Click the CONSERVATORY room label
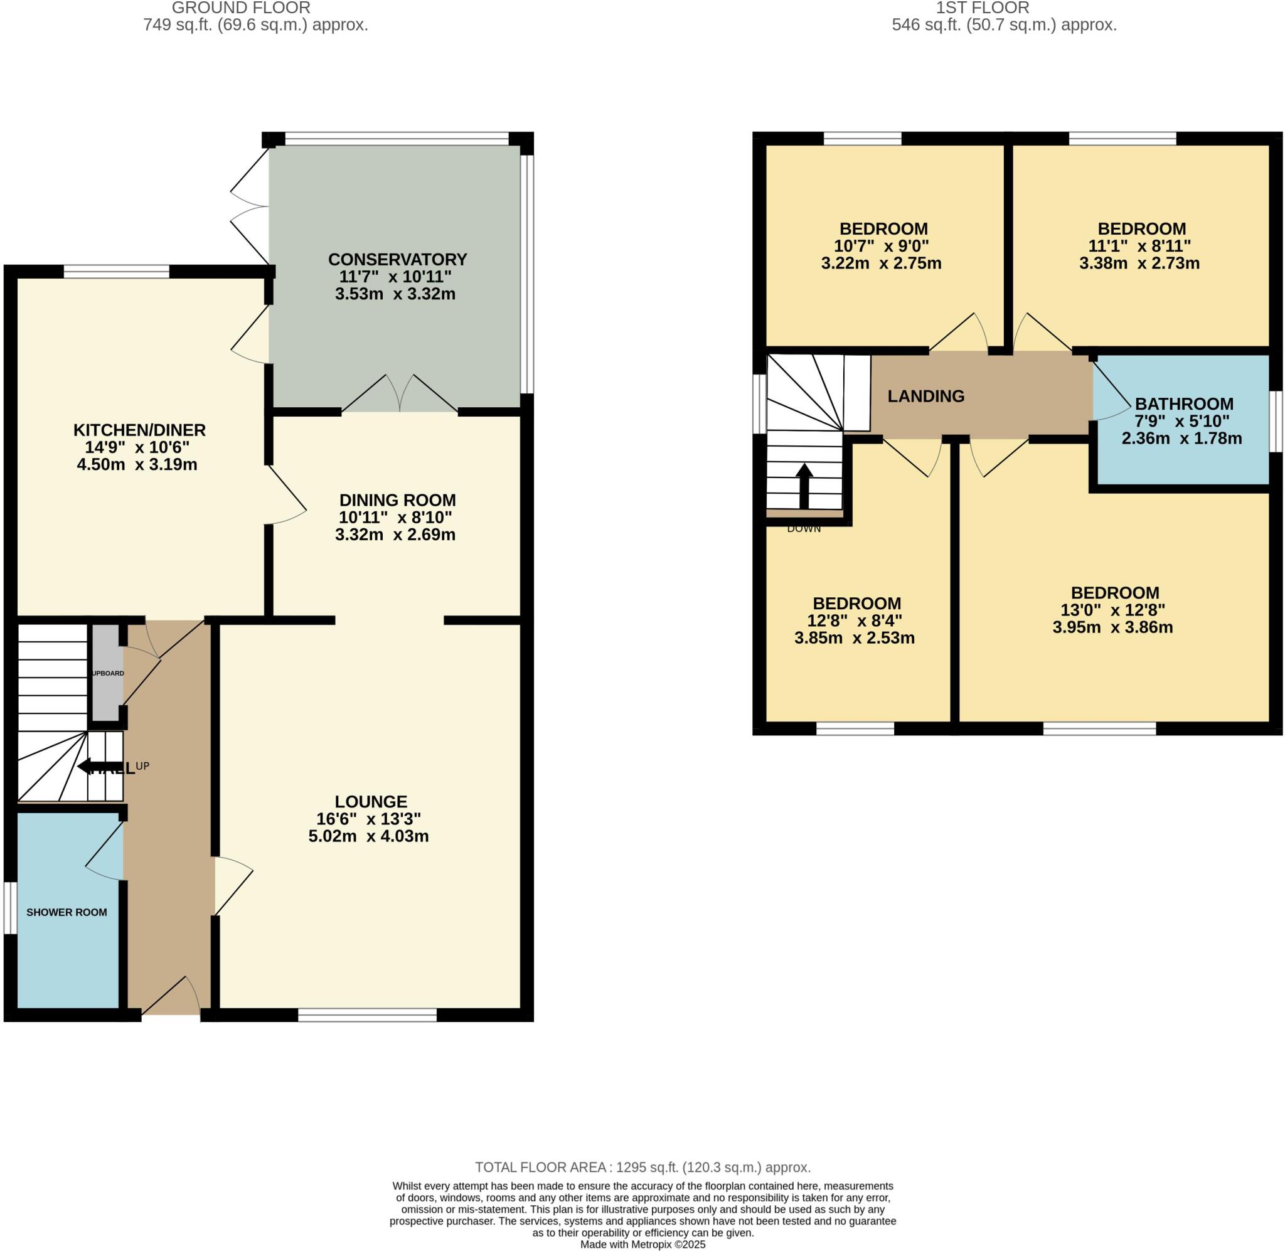(x=397, y=259)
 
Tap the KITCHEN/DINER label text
(x=139, y=430)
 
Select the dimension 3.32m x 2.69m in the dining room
(x=395, y=534)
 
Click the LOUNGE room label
(x=371, y=801)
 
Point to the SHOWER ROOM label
(x=67, y=912)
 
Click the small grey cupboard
(x=106, y=673)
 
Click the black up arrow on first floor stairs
(x=804, y=486)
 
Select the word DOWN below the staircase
(x=804, y=529)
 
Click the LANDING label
(x=925, y=397)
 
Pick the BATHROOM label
(x=1184, y=404)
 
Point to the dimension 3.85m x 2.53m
(x=854, y=638)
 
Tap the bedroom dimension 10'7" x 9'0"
(x=881, y=247)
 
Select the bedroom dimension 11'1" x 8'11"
(x=1139, y=247)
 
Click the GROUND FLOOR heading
(x=240, y=8)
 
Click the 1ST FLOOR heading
(x=982, y=8)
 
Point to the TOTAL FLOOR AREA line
(x=642, y=1167)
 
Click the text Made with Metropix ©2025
(x=642, y=1243)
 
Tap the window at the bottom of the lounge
(x=367, y=1014)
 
